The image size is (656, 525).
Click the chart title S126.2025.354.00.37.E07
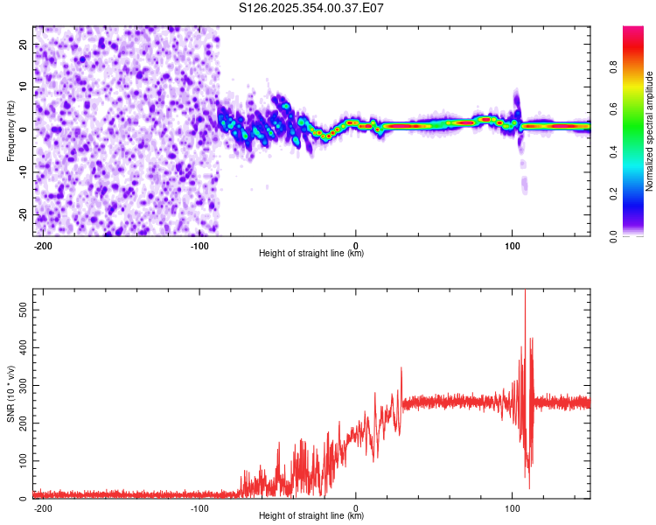[312, 9]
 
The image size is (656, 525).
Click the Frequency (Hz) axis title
[10, 131]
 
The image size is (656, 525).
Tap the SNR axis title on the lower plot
[10, 394]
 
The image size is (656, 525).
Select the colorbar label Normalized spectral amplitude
[650, 131]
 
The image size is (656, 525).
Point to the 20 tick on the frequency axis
[24, 44]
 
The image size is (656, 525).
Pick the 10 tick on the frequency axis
[24, 87]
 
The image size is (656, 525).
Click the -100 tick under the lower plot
[199, 507]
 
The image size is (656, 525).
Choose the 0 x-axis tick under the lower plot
[355, 507]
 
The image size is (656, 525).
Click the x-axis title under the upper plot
[311, 254]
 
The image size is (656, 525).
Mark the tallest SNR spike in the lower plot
[525, 292]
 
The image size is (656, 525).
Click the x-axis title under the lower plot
[311, 516]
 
